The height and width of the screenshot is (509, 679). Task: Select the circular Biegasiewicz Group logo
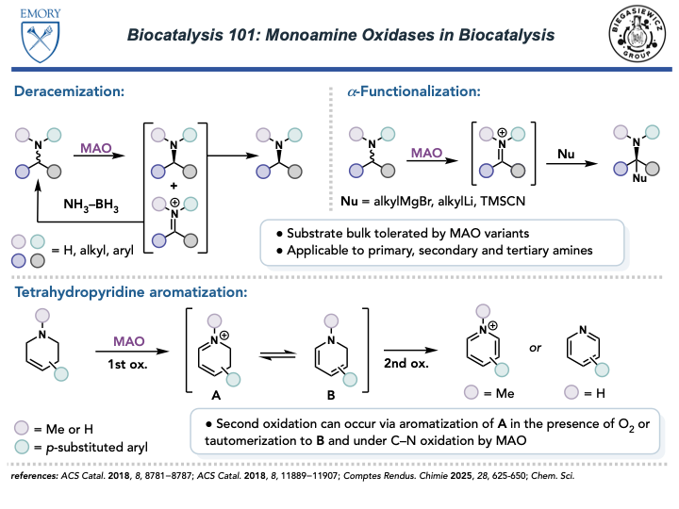(637, 33)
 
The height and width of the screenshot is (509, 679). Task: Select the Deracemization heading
(69, 91)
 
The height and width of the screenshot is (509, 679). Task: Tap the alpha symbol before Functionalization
(352, 91)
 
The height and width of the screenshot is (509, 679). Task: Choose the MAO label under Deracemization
(95, 148)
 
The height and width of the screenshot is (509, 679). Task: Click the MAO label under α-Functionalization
(426, 153)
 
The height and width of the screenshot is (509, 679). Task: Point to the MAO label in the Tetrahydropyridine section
(129, 341)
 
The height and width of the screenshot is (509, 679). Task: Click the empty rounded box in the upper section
(441, 242)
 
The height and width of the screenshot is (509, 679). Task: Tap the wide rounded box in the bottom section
(424, 431)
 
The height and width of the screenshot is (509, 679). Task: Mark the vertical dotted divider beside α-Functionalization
(331, 151)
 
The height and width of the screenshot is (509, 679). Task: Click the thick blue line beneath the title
(339, 70)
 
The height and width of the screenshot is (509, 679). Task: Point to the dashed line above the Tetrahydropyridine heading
(339, 277)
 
